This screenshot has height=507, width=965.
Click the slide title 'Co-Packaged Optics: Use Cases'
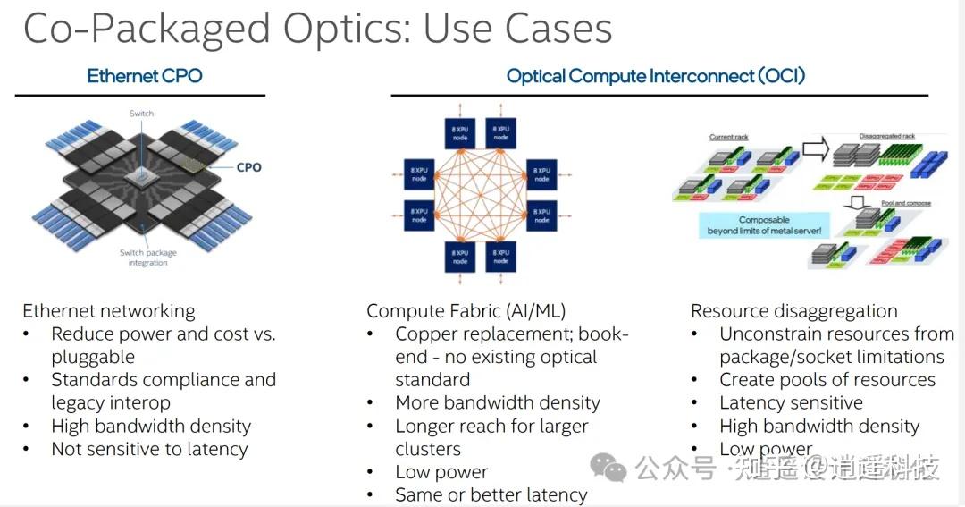[x=317, y=29]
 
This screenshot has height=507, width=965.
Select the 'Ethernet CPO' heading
[x=145, y=76]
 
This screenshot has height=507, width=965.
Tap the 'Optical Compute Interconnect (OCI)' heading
[x=656, y=76]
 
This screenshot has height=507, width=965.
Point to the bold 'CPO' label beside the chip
[x=248, y=167]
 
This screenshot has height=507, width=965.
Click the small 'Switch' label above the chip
[x=141, y=114]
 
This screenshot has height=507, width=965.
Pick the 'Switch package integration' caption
[x=147, y=258]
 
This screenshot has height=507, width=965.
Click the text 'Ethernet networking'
[x=109, y=311]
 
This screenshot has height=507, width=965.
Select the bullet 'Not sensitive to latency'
[x=149, y=449]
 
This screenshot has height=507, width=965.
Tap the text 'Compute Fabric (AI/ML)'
[x=466, y=311]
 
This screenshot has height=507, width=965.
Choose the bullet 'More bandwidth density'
[x=498, y=402]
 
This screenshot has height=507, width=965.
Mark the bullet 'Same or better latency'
[x=491, y=494]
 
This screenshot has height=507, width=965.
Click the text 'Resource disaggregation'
[x=794, y=311]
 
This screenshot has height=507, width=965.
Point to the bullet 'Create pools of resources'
[x=827, y=379]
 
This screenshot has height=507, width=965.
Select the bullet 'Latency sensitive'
[x=792, y=402]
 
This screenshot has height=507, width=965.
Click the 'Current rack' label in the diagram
[x=728, y=138]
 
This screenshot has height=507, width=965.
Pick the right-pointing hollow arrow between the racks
[x=816, y=148]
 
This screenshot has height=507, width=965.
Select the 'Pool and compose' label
[x=906, y=204]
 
